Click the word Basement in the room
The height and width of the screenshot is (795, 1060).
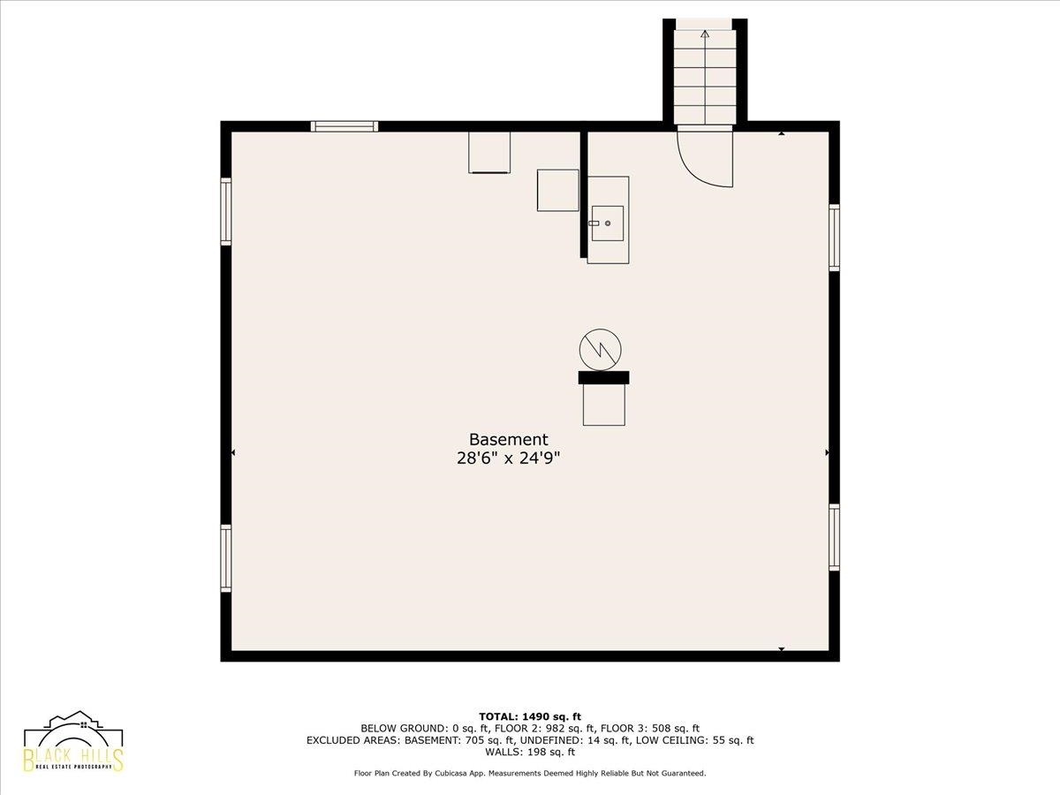(509, 440)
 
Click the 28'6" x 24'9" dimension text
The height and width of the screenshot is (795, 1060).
(509, 458)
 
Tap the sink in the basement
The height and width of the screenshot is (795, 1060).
(608, 223)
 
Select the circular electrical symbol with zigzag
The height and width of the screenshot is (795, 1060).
(601, 350)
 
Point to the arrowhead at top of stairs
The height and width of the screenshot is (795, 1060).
(705, 34)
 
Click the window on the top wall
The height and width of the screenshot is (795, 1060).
(344, 126)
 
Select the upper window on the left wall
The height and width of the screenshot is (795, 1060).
(226, 211)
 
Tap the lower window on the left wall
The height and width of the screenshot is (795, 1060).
(226, 558)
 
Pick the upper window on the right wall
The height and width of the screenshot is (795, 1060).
(834, 238)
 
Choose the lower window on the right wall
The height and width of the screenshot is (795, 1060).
(834, 537)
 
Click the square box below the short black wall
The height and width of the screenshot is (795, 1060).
(603, 405)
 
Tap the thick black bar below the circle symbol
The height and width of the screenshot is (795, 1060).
(603, 377)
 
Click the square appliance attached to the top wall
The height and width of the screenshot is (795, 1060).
(489, 152)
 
